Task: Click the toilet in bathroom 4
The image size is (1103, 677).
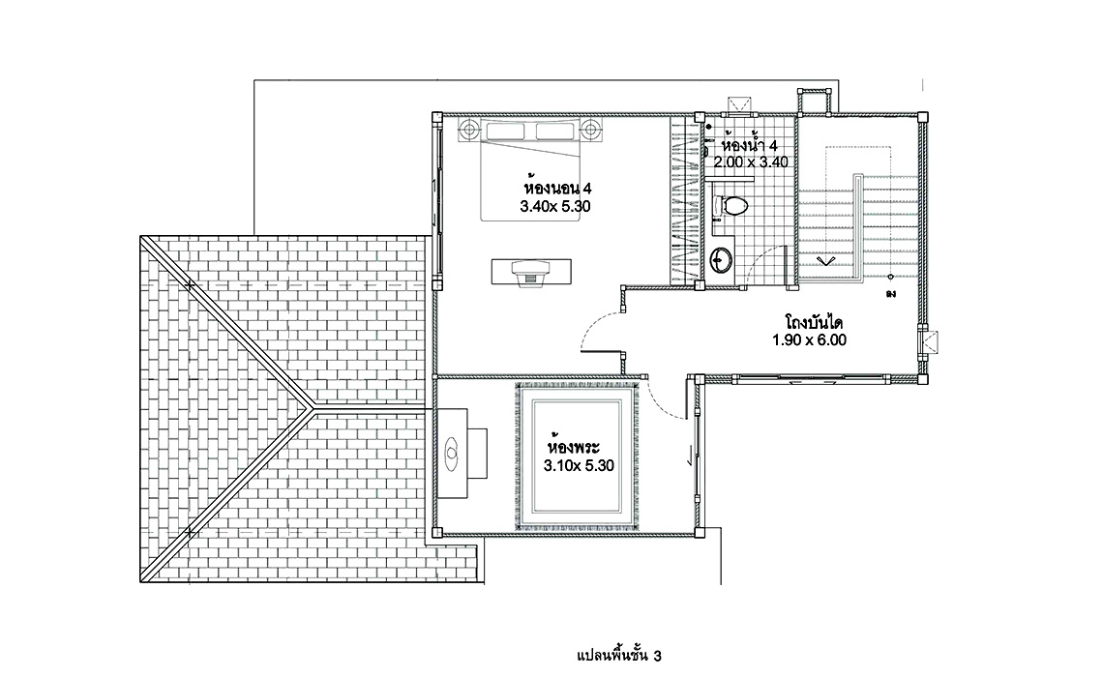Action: click(730, 205)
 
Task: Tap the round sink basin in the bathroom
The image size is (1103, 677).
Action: click(720, 260)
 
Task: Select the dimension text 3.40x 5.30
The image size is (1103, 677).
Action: click(555, 207)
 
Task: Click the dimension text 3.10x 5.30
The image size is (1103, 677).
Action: click(579, 465)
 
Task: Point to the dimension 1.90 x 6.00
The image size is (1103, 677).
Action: click(809, 340)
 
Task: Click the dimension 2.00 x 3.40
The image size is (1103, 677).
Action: click(751, 162)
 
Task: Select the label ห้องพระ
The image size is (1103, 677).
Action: click(574, 447)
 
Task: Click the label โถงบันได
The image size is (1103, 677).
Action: click(814, 323)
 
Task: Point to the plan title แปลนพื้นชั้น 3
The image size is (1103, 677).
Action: click(619, 656)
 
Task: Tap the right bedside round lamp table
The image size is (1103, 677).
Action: click(591, 130)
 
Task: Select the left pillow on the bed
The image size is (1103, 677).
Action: click(505, 132)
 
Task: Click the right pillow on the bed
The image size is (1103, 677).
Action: click(555, 132)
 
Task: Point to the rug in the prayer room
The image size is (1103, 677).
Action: click(577, 456)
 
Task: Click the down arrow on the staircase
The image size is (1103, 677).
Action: click(824, 261)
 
